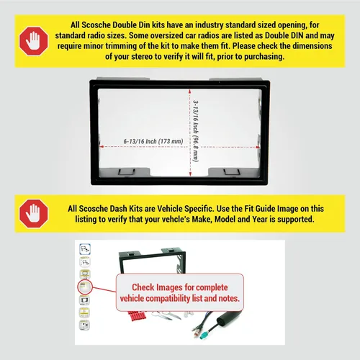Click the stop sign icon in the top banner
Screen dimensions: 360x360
click(34, 41)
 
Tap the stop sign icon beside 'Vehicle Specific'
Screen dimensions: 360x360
click(34, 213)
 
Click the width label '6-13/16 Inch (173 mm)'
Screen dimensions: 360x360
click(153, 141)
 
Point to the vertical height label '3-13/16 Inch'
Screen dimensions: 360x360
click(196, 117)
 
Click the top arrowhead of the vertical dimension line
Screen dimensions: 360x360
click(189, 91)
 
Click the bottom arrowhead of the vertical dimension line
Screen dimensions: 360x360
click(190, 174)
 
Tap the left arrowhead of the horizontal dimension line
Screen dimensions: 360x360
click(102, 146)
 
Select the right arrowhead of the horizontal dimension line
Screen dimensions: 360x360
click(258, 147)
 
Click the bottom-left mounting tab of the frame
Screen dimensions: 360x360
click(126, 172)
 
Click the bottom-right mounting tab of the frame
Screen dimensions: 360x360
click(232, 172)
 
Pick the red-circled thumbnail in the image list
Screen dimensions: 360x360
click(85, 287)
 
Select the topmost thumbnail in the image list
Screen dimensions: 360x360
click(85, 248)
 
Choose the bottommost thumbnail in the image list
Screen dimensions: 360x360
click(84, 325)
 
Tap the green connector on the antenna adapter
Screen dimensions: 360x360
click(204, 336)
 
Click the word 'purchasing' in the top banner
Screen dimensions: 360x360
click(264, 57)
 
